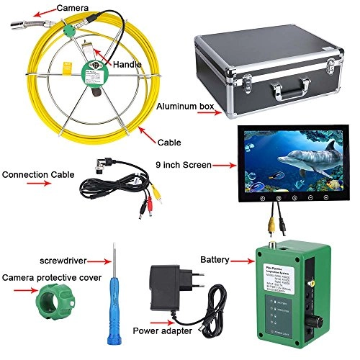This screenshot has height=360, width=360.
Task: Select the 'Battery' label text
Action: (215, 258)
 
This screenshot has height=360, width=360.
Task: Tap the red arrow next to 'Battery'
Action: (241, 258)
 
